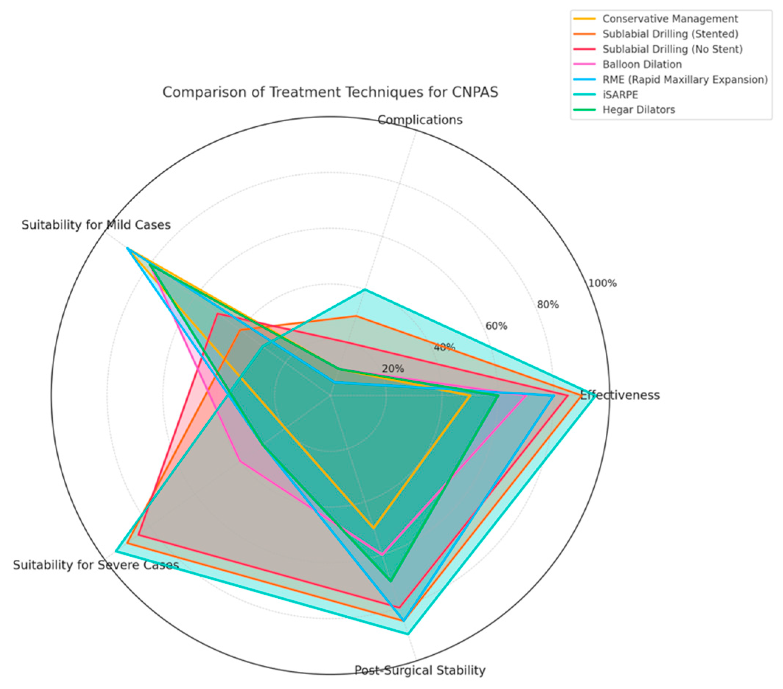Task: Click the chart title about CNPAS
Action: pos(330,92)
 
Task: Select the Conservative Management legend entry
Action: pos(670,19)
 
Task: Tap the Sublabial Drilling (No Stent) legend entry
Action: pos(672,49)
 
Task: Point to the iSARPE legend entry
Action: pos(620,95)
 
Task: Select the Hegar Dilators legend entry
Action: pos(638,110)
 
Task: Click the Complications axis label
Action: pos(420,120)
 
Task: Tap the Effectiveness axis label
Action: pos(620,395)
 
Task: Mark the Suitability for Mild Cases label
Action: pos(96,225)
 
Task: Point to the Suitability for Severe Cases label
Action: pos(96,564)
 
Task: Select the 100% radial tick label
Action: pos(603,283)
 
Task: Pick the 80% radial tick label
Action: pos(548,305)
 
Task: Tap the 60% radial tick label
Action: pos(496,326)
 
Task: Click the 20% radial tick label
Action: pos(393,369)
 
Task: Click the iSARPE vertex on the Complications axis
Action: pos(365,290)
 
